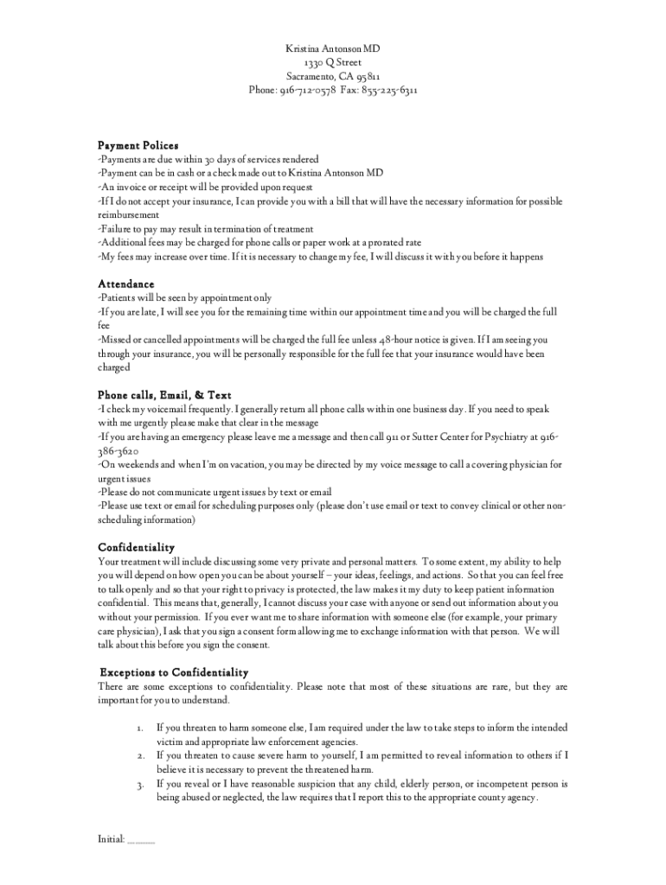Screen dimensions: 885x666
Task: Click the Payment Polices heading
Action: (138, 145)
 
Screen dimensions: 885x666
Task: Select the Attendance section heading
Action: (126, 283)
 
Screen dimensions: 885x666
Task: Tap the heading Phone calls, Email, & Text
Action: (164, 395)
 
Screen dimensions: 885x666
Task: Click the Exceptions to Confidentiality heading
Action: (174, 672)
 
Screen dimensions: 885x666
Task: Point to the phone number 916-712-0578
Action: (308, 90)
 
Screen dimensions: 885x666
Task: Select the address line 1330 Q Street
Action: (333, 62)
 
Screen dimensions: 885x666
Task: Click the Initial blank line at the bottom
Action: (141, 840)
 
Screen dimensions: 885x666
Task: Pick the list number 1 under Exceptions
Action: (139, 729)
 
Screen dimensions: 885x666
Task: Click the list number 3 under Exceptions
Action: (139, 784)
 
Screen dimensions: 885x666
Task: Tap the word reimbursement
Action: (129, 215)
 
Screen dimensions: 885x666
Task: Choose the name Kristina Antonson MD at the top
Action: (333, 49)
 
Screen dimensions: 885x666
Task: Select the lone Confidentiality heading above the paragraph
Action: (137, 547)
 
